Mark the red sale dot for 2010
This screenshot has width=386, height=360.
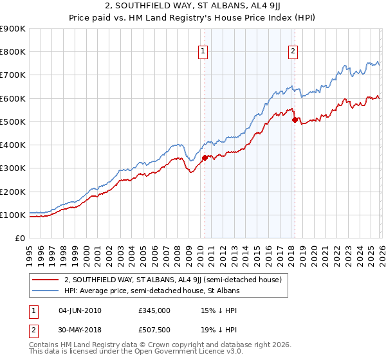click(x=205, y=157)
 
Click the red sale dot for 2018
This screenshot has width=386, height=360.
click(x=295, y=120)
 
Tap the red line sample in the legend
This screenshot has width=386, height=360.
click(x=46, y=280)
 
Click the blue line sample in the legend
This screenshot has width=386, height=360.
click(x=46, y=291)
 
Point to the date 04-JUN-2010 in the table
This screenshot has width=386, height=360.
click(x=79, y=310)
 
